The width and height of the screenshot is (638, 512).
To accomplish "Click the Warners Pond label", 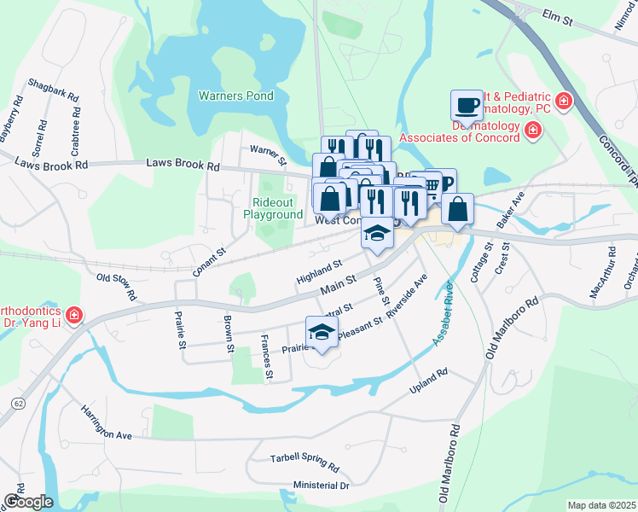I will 236,96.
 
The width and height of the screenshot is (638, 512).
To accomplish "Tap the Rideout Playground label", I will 277,208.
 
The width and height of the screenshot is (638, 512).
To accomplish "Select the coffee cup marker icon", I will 466,105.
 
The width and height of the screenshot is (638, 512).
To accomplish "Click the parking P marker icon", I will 444,183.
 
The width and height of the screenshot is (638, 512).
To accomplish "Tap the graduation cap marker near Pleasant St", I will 322,331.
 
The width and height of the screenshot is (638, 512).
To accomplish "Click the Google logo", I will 28,502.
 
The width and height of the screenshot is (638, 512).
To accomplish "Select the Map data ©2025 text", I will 601,505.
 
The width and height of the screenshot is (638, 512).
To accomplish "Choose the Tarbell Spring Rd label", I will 304,462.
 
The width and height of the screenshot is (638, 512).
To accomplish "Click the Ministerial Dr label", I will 321,486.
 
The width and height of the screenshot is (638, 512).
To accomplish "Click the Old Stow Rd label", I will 117,286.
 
